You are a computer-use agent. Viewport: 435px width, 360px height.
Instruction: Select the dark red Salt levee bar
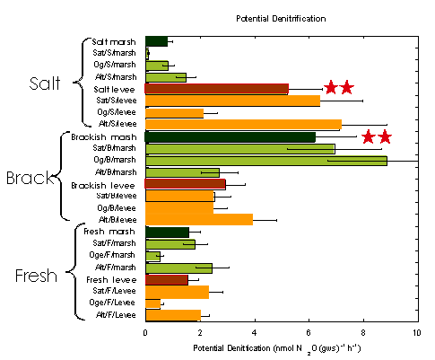click(x=216, y=89)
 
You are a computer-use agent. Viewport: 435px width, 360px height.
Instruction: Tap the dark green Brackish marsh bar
click(x=230, y=136)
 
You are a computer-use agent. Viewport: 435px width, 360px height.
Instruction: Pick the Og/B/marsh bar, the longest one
click(x=265, y=161)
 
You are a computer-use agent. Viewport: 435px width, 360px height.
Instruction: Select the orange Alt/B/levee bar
click(x=198, y=219)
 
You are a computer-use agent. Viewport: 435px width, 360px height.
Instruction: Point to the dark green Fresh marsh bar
click(x=167, y=232)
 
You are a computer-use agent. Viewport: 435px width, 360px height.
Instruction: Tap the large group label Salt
click(x=42, y=83)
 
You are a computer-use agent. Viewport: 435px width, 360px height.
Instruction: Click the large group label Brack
click(x=32, y=178)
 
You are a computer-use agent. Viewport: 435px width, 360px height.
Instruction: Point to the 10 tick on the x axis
click(x=416, y=331)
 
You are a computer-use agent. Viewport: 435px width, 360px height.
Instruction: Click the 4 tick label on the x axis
click(x=254, y=331)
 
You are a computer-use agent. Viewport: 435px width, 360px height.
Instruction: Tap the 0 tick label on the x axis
click(x=145, y=331)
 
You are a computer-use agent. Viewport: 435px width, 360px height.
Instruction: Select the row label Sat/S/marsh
click(x=116, y=54)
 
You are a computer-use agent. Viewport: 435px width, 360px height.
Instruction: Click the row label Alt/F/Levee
click(x=116, y=314)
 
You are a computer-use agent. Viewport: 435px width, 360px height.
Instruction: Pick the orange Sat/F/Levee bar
click(x=177, y=292)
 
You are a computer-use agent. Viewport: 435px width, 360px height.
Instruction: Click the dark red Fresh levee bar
click(x=166, y=279)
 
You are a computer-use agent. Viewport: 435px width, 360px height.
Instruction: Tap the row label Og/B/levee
click(x=117, y=207)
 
